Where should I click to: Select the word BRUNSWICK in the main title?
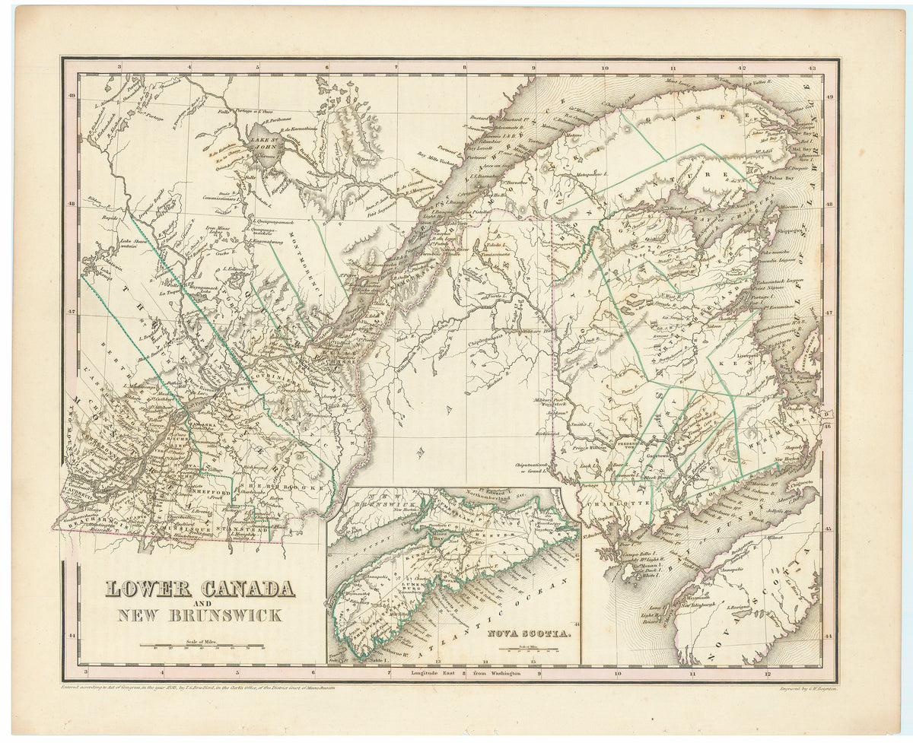point(226,615)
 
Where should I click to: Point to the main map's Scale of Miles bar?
point(201,646)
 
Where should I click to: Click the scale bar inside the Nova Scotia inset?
point(528,650)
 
